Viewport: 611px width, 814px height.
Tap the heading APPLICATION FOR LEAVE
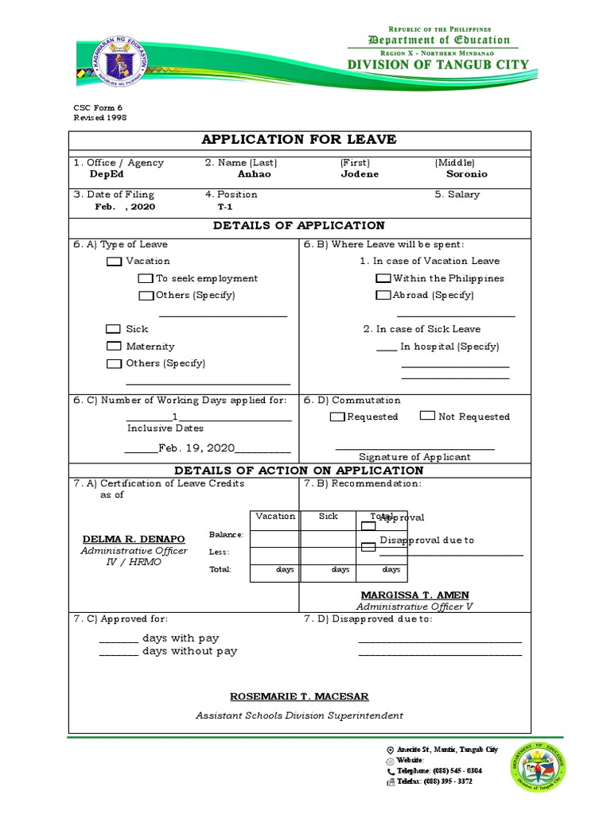click(x=298, y=140)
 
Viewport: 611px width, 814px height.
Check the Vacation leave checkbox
click(x=114, y=262)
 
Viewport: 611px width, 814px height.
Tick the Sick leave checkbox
click(x=114, y=329)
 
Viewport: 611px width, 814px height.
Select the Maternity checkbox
click(x=114, y=347)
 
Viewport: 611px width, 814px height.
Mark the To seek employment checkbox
click(x=145, y=279)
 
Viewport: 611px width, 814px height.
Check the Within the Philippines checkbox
click(x=383, y=279)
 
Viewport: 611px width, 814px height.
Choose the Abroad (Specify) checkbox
click(x=383, y=296)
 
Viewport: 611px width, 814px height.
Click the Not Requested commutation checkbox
click(x=427, y=416)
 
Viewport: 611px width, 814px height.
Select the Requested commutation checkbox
click(x=337, y=417)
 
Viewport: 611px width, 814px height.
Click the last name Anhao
click(x=254, y=174)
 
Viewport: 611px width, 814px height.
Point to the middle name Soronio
click(x=466, y=174)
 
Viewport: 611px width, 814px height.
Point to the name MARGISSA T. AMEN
click(x=414, y=595)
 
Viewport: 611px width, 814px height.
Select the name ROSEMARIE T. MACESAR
click(x=299, y=696)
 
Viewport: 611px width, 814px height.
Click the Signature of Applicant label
click(x=414, y=457)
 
